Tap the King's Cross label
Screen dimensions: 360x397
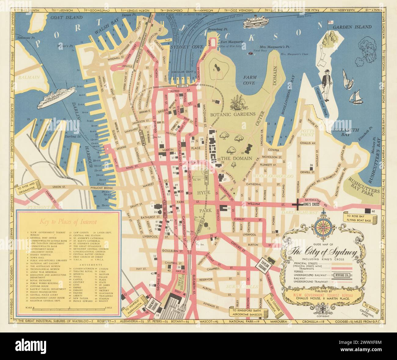312,205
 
